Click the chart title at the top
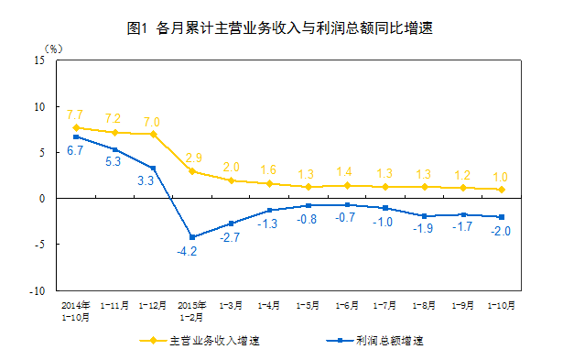point(280,28)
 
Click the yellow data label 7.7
point(75,115)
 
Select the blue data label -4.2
point(187,251)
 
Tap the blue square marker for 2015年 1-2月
point(192,237)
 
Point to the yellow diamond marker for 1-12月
point(153,135)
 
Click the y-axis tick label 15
point(39,60)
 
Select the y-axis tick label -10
point(38,290)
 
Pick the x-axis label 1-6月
point(347,305)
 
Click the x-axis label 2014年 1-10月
point(75,311)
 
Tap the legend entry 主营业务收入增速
point(200,340)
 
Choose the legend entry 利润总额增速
point(374,340)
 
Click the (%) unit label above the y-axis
point(53,49)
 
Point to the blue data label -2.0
point(501,231)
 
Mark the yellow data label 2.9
point(194,158)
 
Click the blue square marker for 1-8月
point(424,216)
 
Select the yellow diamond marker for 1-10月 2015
point(502,190)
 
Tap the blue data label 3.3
point(146,180)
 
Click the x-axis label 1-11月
point(114,305)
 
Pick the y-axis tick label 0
point(42,199)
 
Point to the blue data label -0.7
point(345,217)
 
